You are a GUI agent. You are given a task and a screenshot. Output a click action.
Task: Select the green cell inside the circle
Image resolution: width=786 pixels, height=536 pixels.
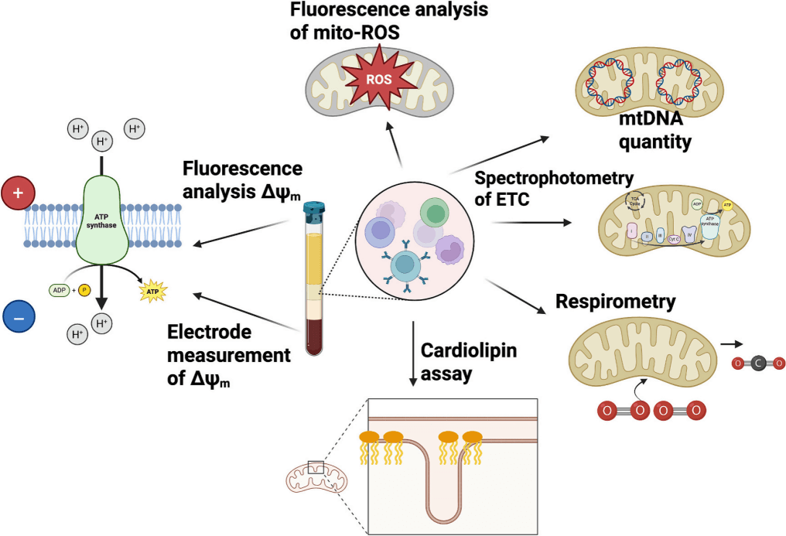435,213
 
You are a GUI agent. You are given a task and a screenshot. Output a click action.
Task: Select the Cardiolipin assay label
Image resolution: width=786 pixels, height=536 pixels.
469,361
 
